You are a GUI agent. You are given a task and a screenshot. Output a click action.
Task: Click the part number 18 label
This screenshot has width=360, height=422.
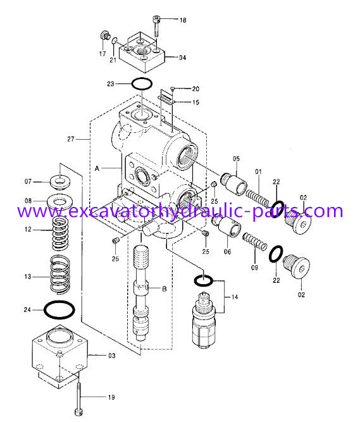click(x=182, y=21)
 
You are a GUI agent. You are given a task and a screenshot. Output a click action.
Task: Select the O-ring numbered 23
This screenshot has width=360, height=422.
click(x=141, y=84)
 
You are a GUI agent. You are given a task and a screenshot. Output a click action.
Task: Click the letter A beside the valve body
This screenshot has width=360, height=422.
click(x=97, y=169)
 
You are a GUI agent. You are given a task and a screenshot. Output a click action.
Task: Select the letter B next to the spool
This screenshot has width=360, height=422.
click(x=164, y=289)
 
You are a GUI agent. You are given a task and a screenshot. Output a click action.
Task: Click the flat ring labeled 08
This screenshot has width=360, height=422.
click(x=62, y=204)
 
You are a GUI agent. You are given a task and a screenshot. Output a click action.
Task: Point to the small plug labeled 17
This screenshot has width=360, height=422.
click(x=107, y=35)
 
